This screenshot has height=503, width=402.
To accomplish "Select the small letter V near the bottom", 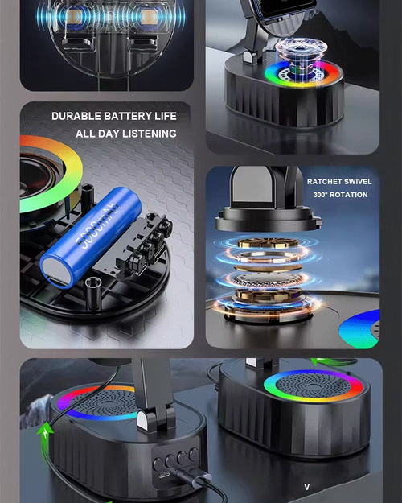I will [306, 487].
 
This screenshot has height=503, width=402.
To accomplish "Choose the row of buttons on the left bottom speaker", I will [174, 462].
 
